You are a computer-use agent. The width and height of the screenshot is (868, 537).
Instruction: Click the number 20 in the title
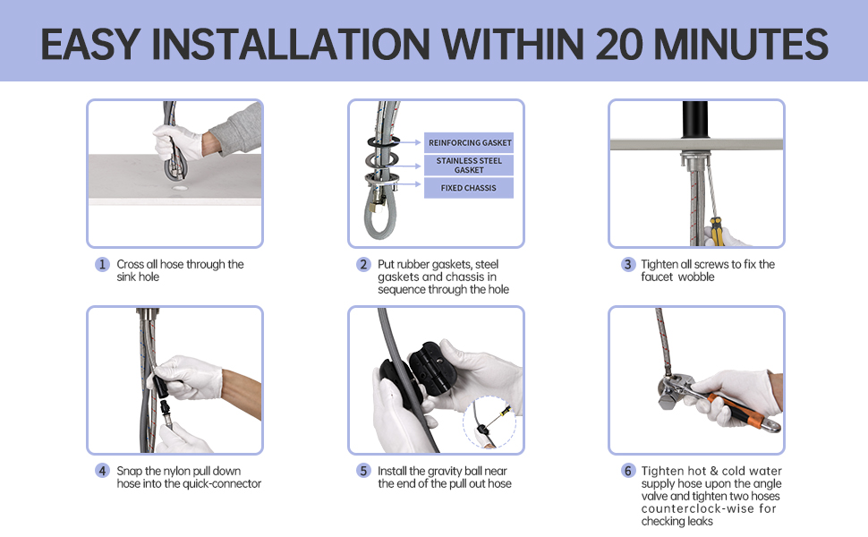pyautogui.click(x=619, y=44)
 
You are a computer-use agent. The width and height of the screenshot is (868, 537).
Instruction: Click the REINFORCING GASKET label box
pyautogui.click(x=469, y=143)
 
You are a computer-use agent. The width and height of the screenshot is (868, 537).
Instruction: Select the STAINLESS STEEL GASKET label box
pyautogui.click(x=469, y=166)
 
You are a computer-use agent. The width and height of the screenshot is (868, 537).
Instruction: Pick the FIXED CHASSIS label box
pyautogui.click(x=469, y=188)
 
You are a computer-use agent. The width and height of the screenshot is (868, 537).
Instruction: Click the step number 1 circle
pyautogui.click(x=102, y=264)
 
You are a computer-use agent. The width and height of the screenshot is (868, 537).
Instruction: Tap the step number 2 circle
pyautogui.click(x=363, y=264)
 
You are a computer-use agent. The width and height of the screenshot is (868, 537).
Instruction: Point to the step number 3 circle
pyautogui.click(x=628, y=264)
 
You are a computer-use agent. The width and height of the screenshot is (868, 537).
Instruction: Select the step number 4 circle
pyautogui.click(x=102, y=471)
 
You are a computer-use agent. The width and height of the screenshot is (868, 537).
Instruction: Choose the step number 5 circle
pyautogui.click(x=363, y=471)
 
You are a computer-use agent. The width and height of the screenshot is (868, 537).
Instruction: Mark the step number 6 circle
pyautogui.click(x=628, y=471)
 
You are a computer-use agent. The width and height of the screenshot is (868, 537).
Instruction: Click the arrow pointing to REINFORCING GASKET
pyautogui.click(x=409, y=143)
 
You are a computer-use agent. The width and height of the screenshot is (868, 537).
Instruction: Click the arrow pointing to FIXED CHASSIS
pyautogui.click(x=409, y=184)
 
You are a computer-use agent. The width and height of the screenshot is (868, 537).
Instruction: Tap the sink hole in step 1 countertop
pyautogui.click(x=179, y=188)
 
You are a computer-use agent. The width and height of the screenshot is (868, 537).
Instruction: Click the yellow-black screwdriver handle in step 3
pyautogui.click(x=716, y=232)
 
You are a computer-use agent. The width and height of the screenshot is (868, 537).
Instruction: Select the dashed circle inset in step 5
pyautogui.click(x=489, y=422)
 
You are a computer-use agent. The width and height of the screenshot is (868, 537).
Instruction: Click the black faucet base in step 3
pyautogui.click(x=695, y=119)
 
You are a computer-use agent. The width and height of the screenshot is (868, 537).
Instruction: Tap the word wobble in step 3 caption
pyautogui.click(x=696, y=277)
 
